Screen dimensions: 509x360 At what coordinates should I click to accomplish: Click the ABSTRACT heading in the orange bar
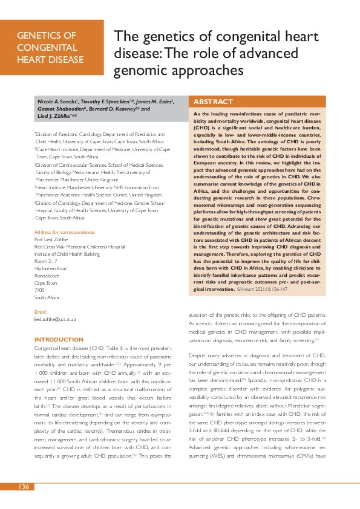pos(212,102)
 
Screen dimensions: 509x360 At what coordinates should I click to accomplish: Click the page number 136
pos(24,487)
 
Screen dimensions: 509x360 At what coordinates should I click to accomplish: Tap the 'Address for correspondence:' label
pos(65,232)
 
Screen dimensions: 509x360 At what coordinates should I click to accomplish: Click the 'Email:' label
pos(41,312)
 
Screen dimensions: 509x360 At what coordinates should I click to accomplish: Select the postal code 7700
pos(41,290)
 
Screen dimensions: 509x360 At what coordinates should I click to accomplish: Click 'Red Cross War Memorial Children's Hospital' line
pos(79,247)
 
